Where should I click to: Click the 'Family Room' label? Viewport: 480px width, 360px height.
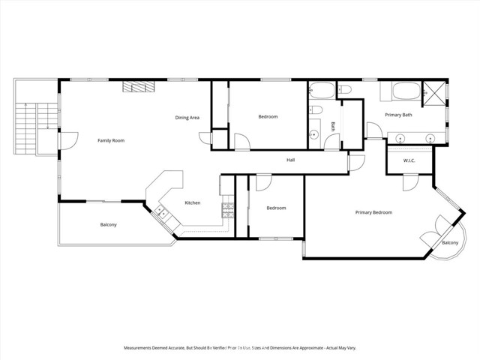click(x=111, y=140)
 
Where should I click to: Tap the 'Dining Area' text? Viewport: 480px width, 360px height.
click(x=187, y=118)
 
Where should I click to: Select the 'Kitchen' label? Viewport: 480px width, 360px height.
click(x=193, y=202)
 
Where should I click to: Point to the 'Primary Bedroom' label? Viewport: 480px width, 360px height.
click(x=373, y=212)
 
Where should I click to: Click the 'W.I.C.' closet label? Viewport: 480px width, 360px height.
click(x=409, y=160)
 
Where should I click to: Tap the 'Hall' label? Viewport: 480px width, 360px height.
click(x=290, y=160)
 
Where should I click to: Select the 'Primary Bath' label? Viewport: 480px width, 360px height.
click(x=398, y=115)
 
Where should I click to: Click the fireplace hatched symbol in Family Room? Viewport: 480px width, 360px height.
click(x=139, y=87)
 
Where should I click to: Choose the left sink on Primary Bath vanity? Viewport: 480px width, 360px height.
click(x=401, y=138)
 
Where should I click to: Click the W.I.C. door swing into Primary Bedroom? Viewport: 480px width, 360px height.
click(x=409, y=181)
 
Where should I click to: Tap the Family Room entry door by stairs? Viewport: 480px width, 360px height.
click(x=69, y=140)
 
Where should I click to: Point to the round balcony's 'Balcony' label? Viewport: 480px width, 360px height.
click(x=450, y=243)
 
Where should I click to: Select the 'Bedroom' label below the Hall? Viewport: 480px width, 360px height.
click(x=276, y=208)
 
